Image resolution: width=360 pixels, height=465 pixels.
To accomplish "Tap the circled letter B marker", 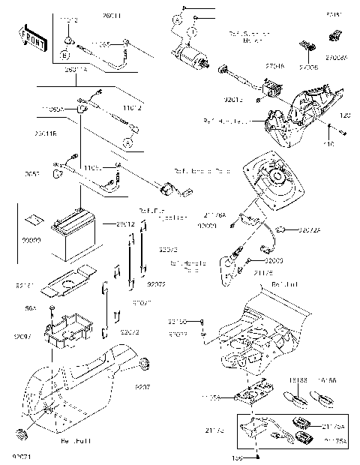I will tap(66, 55).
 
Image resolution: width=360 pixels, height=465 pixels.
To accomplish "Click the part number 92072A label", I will tap(310, 229).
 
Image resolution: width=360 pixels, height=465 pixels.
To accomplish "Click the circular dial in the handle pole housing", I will tap(276, 180).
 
